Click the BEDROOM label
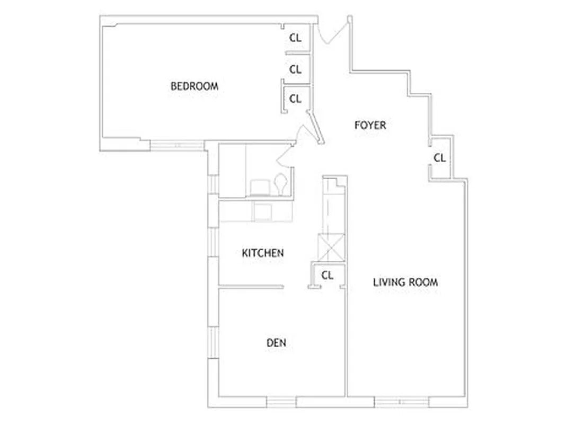click(194, 86)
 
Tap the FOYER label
click(370, 125)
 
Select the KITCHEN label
click(262, 253)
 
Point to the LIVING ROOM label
click(405, 282)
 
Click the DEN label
click(276, 343)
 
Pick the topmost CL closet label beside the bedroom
click(295, 38)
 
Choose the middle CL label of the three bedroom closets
click(295, 69)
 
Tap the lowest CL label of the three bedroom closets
click(295, 99)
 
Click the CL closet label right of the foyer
click(439, 158)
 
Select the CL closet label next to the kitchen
click(327, 275)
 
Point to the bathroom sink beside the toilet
click(260, 187)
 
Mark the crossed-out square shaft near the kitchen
click(331, 248)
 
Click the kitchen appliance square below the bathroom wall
click(263, 210)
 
